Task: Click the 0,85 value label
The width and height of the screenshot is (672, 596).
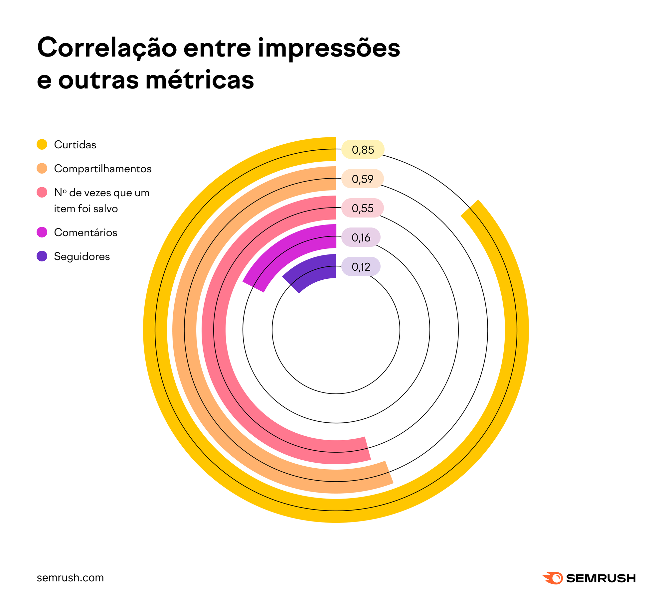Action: click(x=363, y=150)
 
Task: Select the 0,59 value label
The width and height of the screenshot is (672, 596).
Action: click(x=363, y=179)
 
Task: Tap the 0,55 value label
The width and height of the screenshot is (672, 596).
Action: click(x=363, y=208)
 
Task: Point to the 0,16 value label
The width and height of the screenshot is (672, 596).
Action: click(x=361, y=237)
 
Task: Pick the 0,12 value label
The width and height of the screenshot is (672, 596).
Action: click(x=361, y=267)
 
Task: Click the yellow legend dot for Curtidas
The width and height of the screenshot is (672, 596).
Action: click(x=42, y=144)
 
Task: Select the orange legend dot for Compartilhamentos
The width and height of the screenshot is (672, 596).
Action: click(x=42, y=168)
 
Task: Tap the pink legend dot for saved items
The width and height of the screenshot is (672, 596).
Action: click(x=42, y=192)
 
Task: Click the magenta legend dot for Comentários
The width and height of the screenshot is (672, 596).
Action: click(x=42, y=232)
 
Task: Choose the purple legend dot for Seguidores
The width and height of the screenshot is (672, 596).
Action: click(x=42, y=256)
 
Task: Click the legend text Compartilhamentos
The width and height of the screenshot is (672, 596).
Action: click(x=102, y=169)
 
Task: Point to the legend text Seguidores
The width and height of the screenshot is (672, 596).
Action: click(x=82, y=256)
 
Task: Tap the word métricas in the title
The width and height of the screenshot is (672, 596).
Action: click(x=200, y=80)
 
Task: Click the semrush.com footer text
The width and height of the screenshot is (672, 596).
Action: click(x=70, y=578)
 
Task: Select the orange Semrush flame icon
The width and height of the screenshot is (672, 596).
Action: click(x=553, y=578)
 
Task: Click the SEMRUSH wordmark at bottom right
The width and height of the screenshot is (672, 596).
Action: click(x=601, y=578)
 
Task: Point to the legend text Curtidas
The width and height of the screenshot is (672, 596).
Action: click(x=75, y=145)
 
